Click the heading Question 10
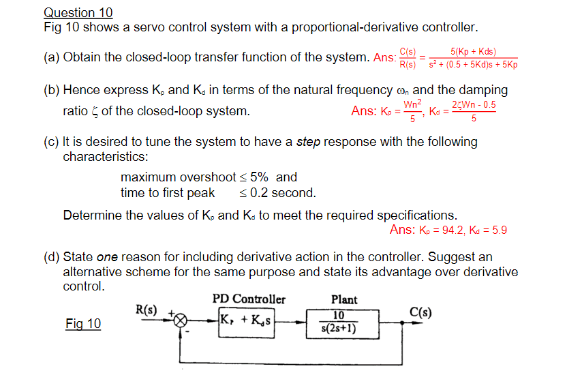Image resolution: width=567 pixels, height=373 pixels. point(78,12)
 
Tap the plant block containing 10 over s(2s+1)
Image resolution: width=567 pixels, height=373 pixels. point(339,323)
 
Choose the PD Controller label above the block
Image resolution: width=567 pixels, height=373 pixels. point(249,299)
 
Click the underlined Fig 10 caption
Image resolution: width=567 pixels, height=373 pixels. point(83,323)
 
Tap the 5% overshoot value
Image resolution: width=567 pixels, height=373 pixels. point(260,177)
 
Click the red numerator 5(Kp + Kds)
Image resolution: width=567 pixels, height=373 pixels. point(474,51)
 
